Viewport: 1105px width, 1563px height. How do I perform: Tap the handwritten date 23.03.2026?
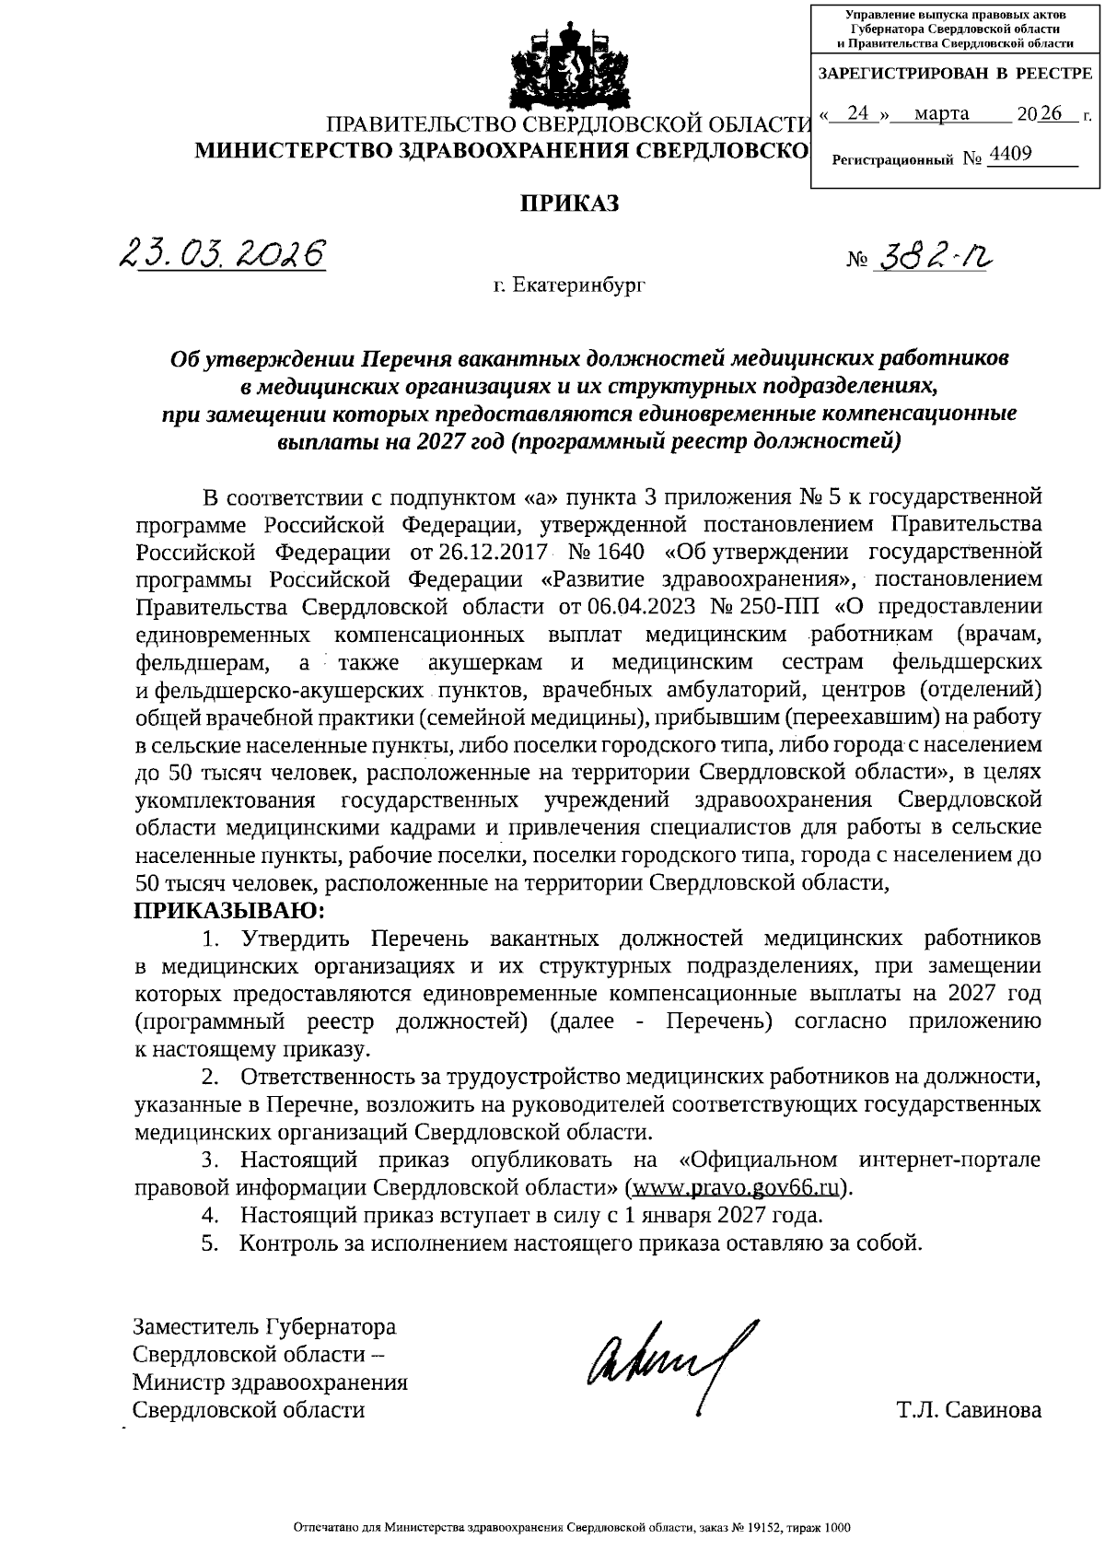pos(223,251)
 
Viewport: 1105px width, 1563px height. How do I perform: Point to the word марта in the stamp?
pos(942,113)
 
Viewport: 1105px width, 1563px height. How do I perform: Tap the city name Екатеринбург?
pos(569,286)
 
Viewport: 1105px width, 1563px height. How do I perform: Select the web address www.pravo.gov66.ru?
pos(736,1186)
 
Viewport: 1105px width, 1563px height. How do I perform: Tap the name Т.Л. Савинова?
pos(969,1410)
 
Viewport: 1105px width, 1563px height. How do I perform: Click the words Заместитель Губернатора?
pos(264,1327)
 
